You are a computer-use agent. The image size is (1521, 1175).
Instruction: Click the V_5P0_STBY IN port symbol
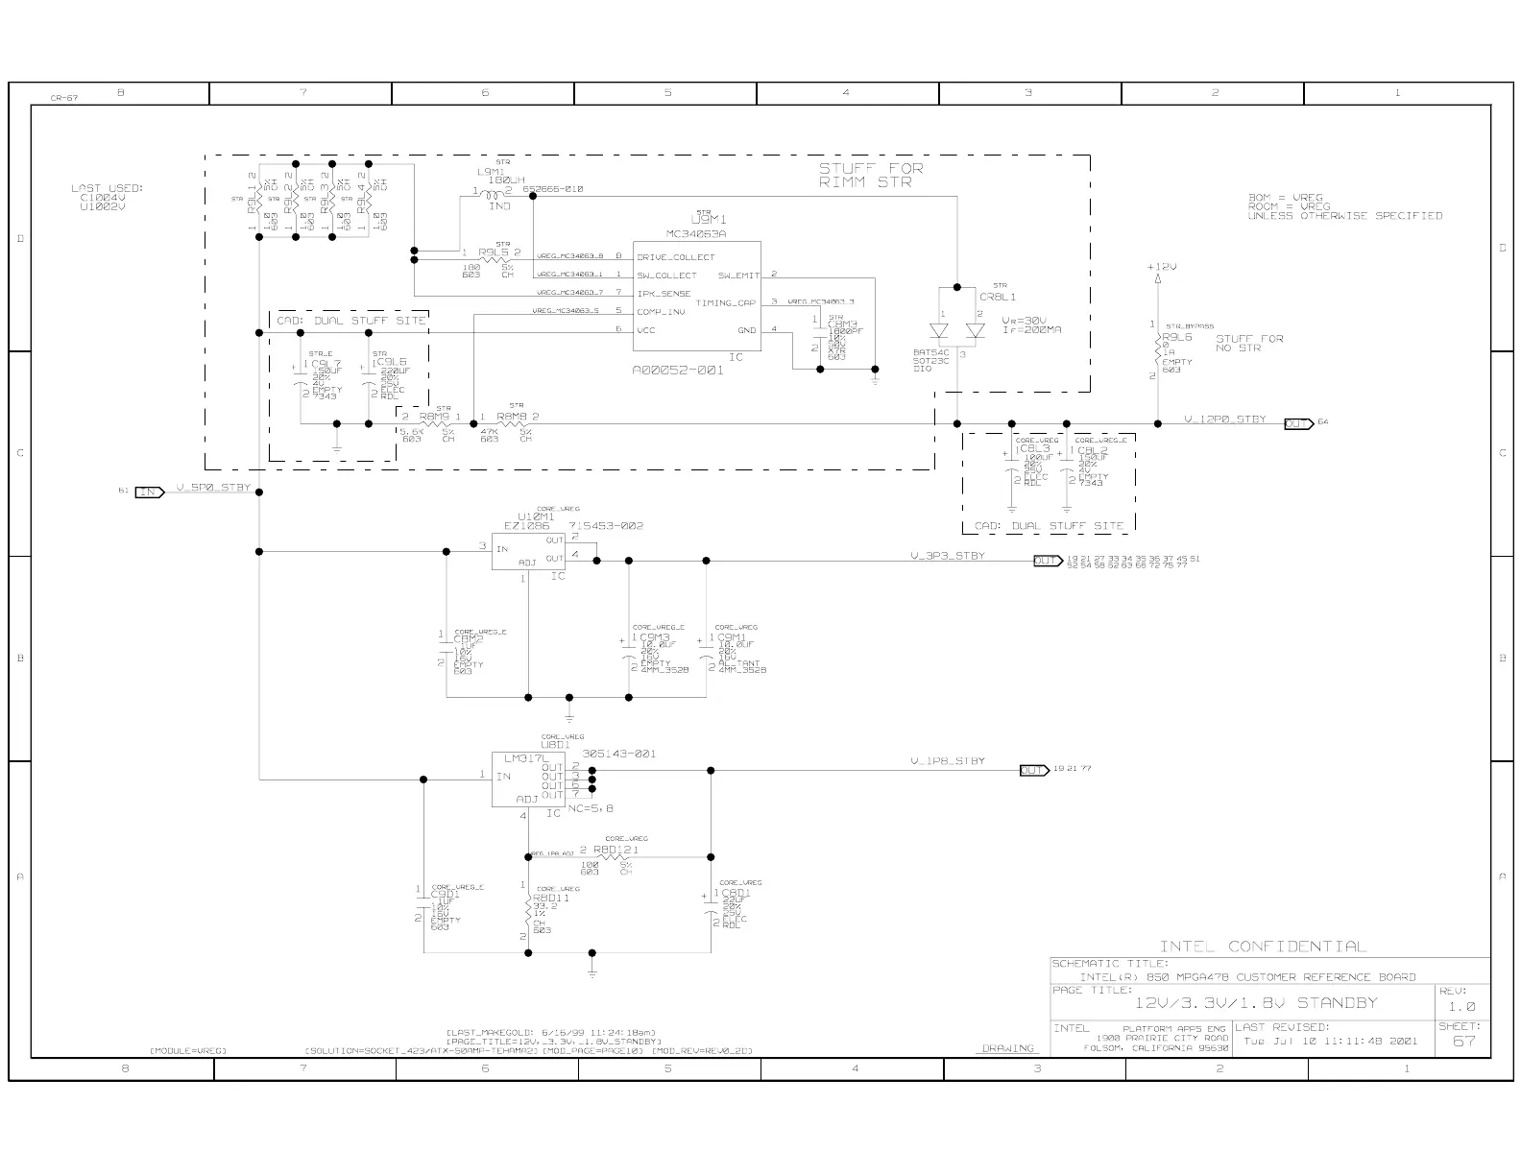tap(150, 492)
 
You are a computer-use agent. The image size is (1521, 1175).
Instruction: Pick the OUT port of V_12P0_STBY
tap(1298, 423)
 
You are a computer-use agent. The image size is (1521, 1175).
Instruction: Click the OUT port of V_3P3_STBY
tap(1047, 561)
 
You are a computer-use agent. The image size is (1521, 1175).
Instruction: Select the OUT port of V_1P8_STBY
tap(1033, 770)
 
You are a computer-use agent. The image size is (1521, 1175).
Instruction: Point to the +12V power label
tap(1161, 267)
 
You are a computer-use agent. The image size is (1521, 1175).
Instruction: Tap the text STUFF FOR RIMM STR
tap(870, 175)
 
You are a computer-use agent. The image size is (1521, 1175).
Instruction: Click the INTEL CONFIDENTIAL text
tap(1262, 947)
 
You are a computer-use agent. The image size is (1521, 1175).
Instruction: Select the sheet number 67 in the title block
tap(1463, 1041)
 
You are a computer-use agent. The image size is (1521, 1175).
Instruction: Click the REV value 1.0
tap(1462, 1006)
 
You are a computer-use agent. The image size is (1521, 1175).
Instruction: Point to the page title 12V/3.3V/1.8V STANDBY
tap(1255, 1003)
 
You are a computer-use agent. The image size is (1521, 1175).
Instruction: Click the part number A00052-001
tap(678, 371)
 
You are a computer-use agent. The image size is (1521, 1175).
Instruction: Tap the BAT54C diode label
tap(930, 352)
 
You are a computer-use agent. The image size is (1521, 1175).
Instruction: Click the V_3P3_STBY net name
tap(947, 556)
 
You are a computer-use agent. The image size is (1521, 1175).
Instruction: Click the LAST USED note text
tap(107, 197)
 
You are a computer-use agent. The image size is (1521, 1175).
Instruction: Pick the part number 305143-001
tap(618, 754)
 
